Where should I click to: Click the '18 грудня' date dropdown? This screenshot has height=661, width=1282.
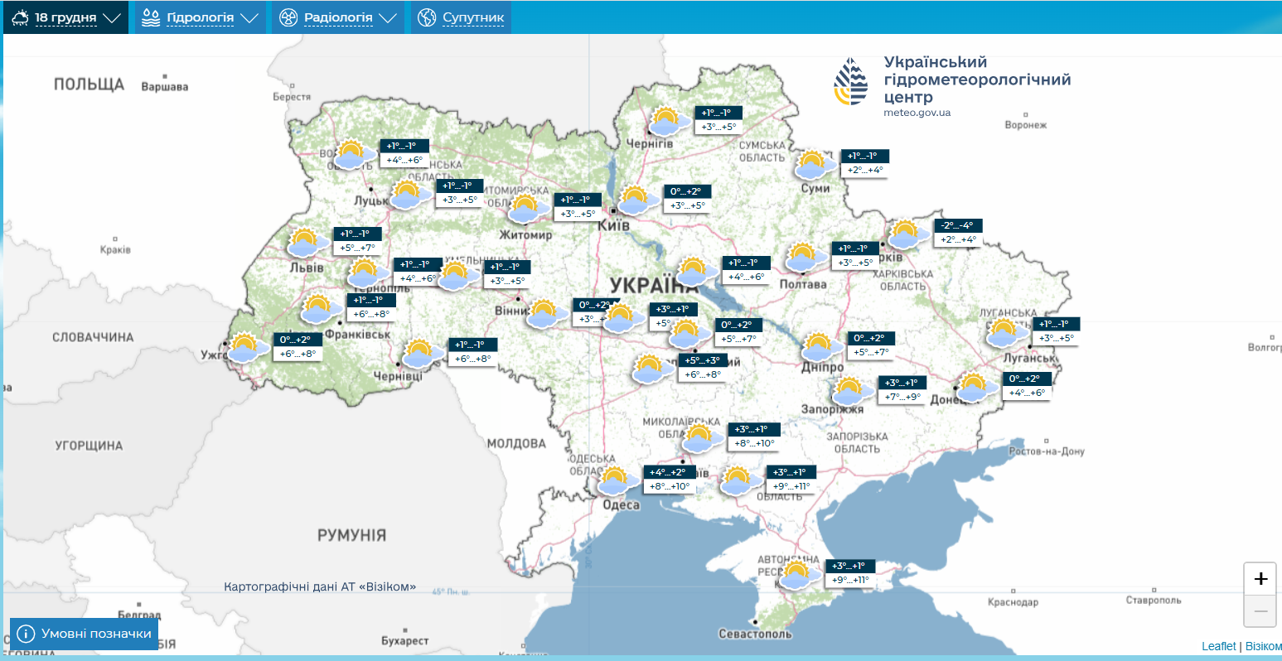pos(65,17)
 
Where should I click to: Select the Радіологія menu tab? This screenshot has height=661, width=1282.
pos(338,17)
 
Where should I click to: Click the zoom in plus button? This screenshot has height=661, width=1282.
pos(1260,578)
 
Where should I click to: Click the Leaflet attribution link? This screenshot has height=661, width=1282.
pos(1218,646)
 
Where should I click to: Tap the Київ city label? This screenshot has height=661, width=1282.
pos(614,225)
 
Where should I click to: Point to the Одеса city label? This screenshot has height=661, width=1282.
pos(621,504)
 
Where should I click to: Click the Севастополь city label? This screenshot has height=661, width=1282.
pos(755,634)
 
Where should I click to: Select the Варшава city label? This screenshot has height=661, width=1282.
pos(165,86)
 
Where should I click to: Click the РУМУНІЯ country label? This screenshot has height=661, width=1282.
pos(351,535)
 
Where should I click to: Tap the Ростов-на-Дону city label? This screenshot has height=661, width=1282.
pos(1046,451)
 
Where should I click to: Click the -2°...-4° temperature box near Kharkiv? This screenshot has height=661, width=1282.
pos(958,225)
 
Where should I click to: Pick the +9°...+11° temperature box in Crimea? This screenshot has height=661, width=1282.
pos(852,580)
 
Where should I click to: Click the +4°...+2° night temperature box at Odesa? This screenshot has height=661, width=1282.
pos(667,472)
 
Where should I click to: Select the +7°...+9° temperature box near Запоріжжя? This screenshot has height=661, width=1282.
pos(902,397)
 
